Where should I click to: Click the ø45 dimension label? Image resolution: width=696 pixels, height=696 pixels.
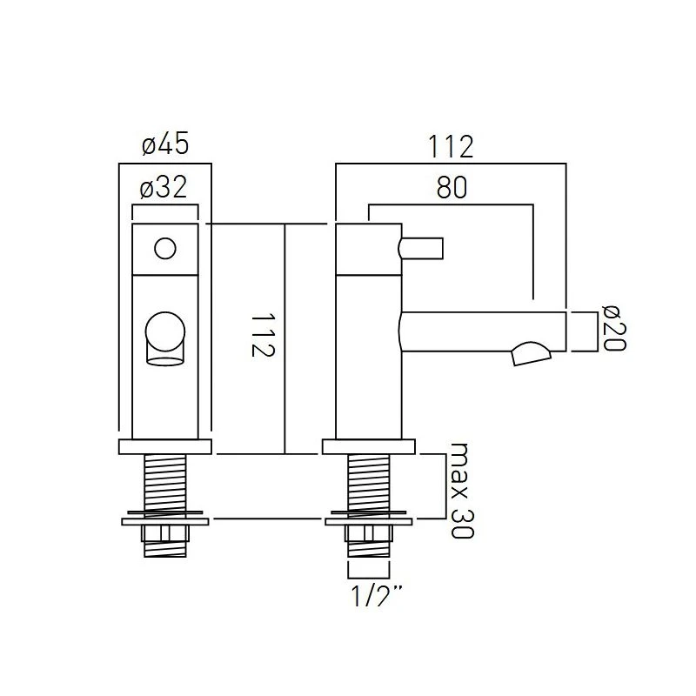coord(165,144)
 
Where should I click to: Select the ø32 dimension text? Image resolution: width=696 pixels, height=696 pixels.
coord(164,187)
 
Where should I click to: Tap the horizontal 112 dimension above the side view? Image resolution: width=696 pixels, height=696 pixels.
coord(451,146)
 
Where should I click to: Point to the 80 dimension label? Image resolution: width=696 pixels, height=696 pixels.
coord(452,187)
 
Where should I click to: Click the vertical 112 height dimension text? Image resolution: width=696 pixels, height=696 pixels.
coord(263,336)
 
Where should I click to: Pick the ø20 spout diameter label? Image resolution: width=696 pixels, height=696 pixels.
coord(614,328)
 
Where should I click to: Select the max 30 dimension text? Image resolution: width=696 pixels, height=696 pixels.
coord(462,490)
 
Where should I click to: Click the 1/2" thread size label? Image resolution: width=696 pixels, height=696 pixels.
coord(377,595)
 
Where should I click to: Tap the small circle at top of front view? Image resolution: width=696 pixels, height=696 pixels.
coord(165,248)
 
